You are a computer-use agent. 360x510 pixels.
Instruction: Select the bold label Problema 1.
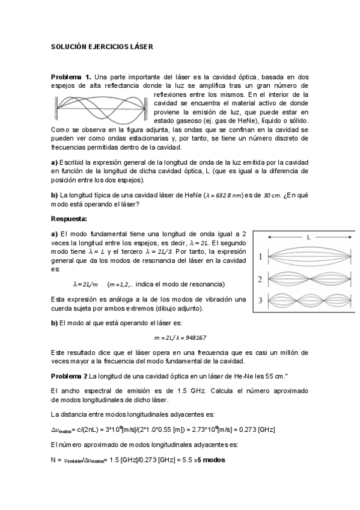(x=71, y=77)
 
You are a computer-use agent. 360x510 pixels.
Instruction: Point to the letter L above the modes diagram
(x=308, y=238)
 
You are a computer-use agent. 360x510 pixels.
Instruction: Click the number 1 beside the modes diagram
(x=260, y=257)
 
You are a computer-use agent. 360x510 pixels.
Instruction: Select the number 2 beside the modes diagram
(x=260, y=279)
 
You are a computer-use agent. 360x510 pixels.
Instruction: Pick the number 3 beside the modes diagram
(x=260, y=300)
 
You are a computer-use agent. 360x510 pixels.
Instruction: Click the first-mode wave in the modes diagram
(x=307, y=257)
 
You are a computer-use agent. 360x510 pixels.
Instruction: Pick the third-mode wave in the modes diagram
(x=307, y=300)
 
